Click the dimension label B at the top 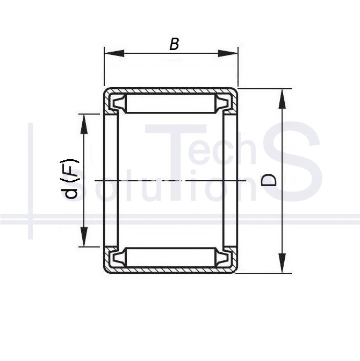(x=174, y=44)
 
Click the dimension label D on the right (x=269, y=180)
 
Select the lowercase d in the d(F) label (x=70, y=191)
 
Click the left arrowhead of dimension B (x=114, y=53)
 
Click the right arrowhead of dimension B (x=228, y=53)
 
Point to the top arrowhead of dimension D (x=282, y=98)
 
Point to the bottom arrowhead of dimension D (x=282, y=263)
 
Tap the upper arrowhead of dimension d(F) (x=84, y=124)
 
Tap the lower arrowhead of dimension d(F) (x=84, y=237)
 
